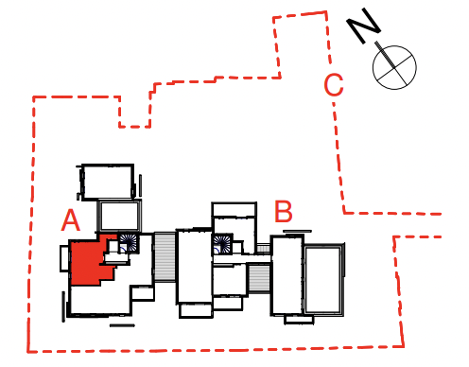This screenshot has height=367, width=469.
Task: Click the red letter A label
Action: [71, 220]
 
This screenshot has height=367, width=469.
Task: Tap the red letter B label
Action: [284, 211]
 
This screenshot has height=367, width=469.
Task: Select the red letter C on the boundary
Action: [334, 84]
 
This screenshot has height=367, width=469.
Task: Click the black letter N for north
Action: [363, 26]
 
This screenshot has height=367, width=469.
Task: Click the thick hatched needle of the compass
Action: [385, 54]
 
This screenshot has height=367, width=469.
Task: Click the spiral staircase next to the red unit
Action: [129, 243]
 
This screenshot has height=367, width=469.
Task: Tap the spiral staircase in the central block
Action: [222, 244]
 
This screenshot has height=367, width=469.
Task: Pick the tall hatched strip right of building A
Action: [165, 256]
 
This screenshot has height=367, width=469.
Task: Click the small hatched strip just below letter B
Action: [264, 249]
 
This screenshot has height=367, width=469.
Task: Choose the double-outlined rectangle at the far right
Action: [323, 280]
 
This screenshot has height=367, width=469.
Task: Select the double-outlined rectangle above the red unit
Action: [119, 216]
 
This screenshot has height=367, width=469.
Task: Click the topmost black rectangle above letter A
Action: [108, 182]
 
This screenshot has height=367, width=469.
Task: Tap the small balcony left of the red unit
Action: [64, 258]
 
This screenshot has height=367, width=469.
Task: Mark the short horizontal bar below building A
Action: [122, 325]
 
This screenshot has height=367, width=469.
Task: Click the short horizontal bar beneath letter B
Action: [297, 232]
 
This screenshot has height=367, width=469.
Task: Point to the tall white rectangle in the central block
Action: [194, 266]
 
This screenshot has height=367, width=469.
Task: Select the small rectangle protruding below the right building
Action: [299, 320]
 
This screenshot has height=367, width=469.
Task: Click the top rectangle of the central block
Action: [234, 209]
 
